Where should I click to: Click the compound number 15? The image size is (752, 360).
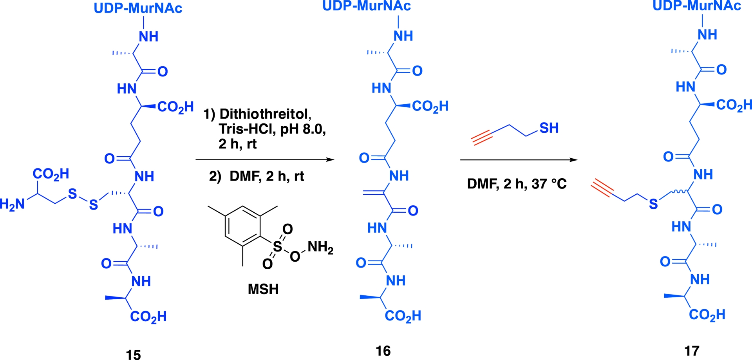[x=133, y=354]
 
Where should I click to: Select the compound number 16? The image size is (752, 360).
[x=383, y=351]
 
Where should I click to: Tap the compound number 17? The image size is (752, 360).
[x=692, y=351]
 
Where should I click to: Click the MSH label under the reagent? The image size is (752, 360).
[x=263, y=289]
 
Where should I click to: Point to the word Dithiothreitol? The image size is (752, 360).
[x=265, y=114]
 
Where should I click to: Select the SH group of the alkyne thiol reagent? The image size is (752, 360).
[x=549, y=128]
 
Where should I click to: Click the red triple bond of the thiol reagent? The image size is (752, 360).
[x=481, y=137]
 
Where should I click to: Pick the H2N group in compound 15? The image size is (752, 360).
[x=13, y=204]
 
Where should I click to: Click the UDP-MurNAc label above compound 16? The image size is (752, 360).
[x=367, y=6]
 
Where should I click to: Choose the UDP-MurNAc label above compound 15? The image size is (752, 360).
[x=138, y=9]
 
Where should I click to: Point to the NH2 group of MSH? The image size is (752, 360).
[x=320, y=247]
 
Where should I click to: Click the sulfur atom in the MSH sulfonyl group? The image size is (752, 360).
[x=277, y=246]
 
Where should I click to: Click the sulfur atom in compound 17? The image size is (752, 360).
[x=653, y=204]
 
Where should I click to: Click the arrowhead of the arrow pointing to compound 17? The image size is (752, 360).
[x=574, y=160]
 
